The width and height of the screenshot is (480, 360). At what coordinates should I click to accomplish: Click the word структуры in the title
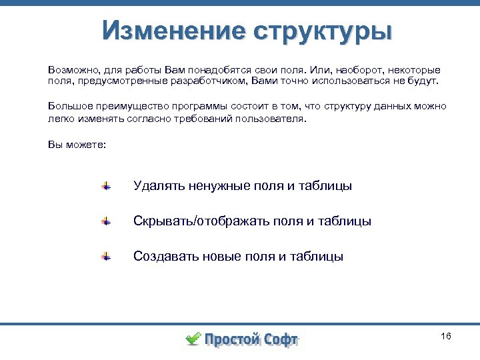tap(322, 31)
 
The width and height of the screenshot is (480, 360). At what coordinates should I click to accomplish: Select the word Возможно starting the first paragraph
tap(71, 69)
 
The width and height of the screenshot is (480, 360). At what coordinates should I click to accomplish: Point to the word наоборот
tap(360, 69)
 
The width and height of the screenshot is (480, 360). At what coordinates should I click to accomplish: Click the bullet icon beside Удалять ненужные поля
tap(106, 186)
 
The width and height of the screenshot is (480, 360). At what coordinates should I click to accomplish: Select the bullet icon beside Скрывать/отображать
tap(106, 221)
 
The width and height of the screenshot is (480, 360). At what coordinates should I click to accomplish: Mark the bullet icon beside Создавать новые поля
tap(106, 256)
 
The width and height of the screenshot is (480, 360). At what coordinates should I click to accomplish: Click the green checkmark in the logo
tap(193, 338)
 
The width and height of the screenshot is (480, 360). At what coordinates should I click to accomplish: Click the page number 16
tap(446, 336)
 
